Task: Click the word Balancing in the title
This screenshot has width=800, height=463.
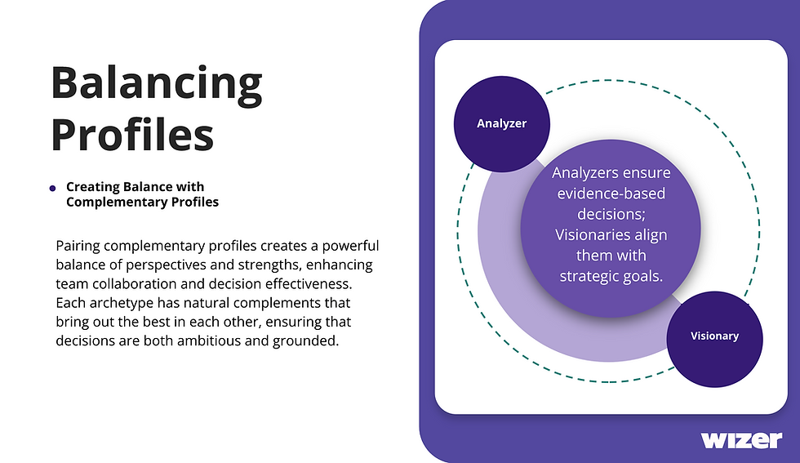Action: pyautogui.click(x=156, y=83)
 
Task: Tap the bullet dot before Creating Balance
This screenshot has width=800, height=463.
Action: pyautogui.click(x=53, y=188)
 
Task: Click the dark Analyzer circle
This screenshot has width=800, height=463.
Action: pyautogui.click(x=502, y=124)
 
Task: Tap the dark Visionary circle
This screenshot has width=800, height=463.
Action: pyautogui.click(x=714, y=336)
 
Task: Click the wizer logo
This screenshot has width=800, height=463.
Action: pyautogui.click(x=741, y=439)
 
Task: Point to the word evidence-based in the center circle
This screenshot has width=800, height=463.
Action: pyautogui.click(x=611, y=194)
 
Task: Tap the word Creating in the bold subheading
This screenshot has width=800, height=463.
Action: pyautogui.click(x=93, y=187)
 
